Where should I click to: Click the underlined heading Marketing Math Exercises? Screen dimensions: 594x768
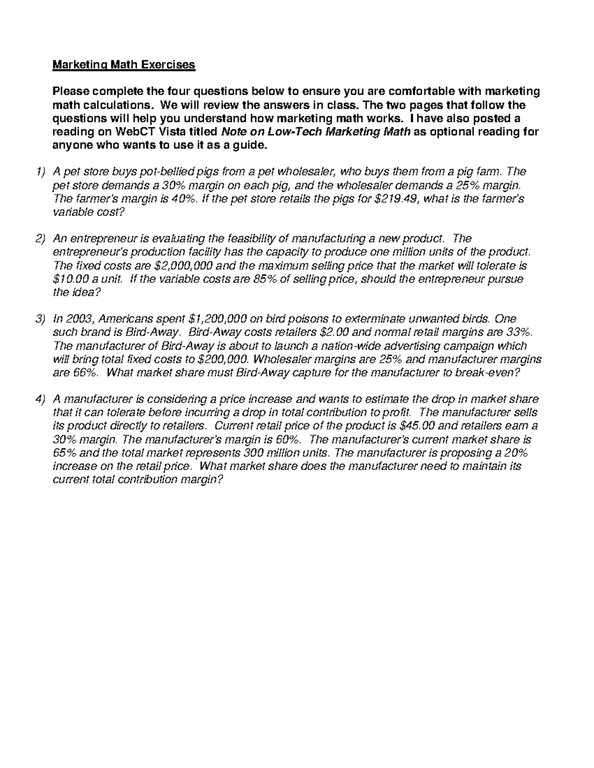[124, 65]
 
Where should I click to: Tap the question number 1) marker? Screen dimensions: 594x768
[40, 172]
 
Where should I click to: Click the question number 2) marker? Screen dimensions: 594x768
[40, 239]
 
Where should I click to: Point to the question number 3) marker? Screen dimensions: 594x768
[40, 319]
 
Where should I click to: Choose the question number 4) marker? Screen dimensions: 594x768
[40, 399]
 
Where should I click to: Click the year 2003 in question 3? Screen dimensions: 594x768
[76, 319]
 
